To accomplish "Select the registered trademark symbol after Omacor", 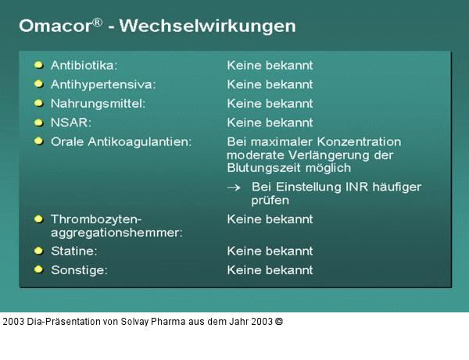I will tap(97, 22).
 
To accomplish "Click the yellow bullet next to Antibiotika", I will tap(38, 65).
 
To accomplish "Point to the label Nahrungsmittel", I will tap(98, 103).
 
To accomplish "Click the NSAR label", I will tap(72, 123).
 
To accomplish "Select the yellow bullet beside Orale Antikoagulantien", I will tap(38, 141).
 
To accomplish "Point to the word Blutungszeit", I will tap(262, 168).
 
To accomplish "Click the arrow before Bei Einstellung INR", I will tap(233, 187).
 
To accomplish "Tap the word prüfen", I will tap(270, 201).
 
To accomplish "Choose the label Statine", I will tap(73, 251).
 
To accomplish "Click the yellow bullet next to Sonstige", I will tap(38, 269).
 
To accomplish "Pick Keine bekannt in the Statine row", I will tap(270, 251).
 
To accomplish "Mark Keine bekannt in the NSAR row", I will tap(270, 123).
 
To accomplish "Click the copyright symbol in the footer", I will tap(279, 321).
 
